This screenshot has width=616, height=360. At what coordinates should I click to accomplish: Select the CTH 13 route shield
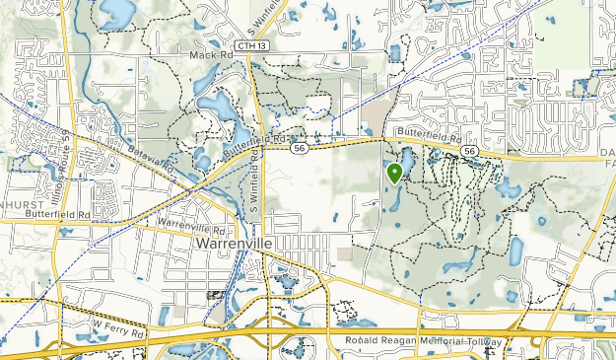click(x=250, y=45)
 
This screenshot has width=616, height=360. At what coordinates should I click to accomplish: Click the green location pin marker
click(x=394, y=174)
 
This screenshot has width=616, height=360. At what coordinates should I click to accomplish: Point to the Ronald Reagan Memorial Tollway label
click(x=423, y=341)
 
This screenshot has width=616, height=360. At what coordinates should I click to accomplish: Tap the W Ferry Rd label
click(x=117, y=324)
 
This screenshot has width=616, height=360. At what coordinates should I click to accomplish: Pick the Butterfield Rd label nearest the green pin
click(x=426, y=133)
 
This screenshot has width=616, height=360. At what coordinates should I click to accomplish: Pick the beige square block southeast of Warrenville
click(x=344, y=253)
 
